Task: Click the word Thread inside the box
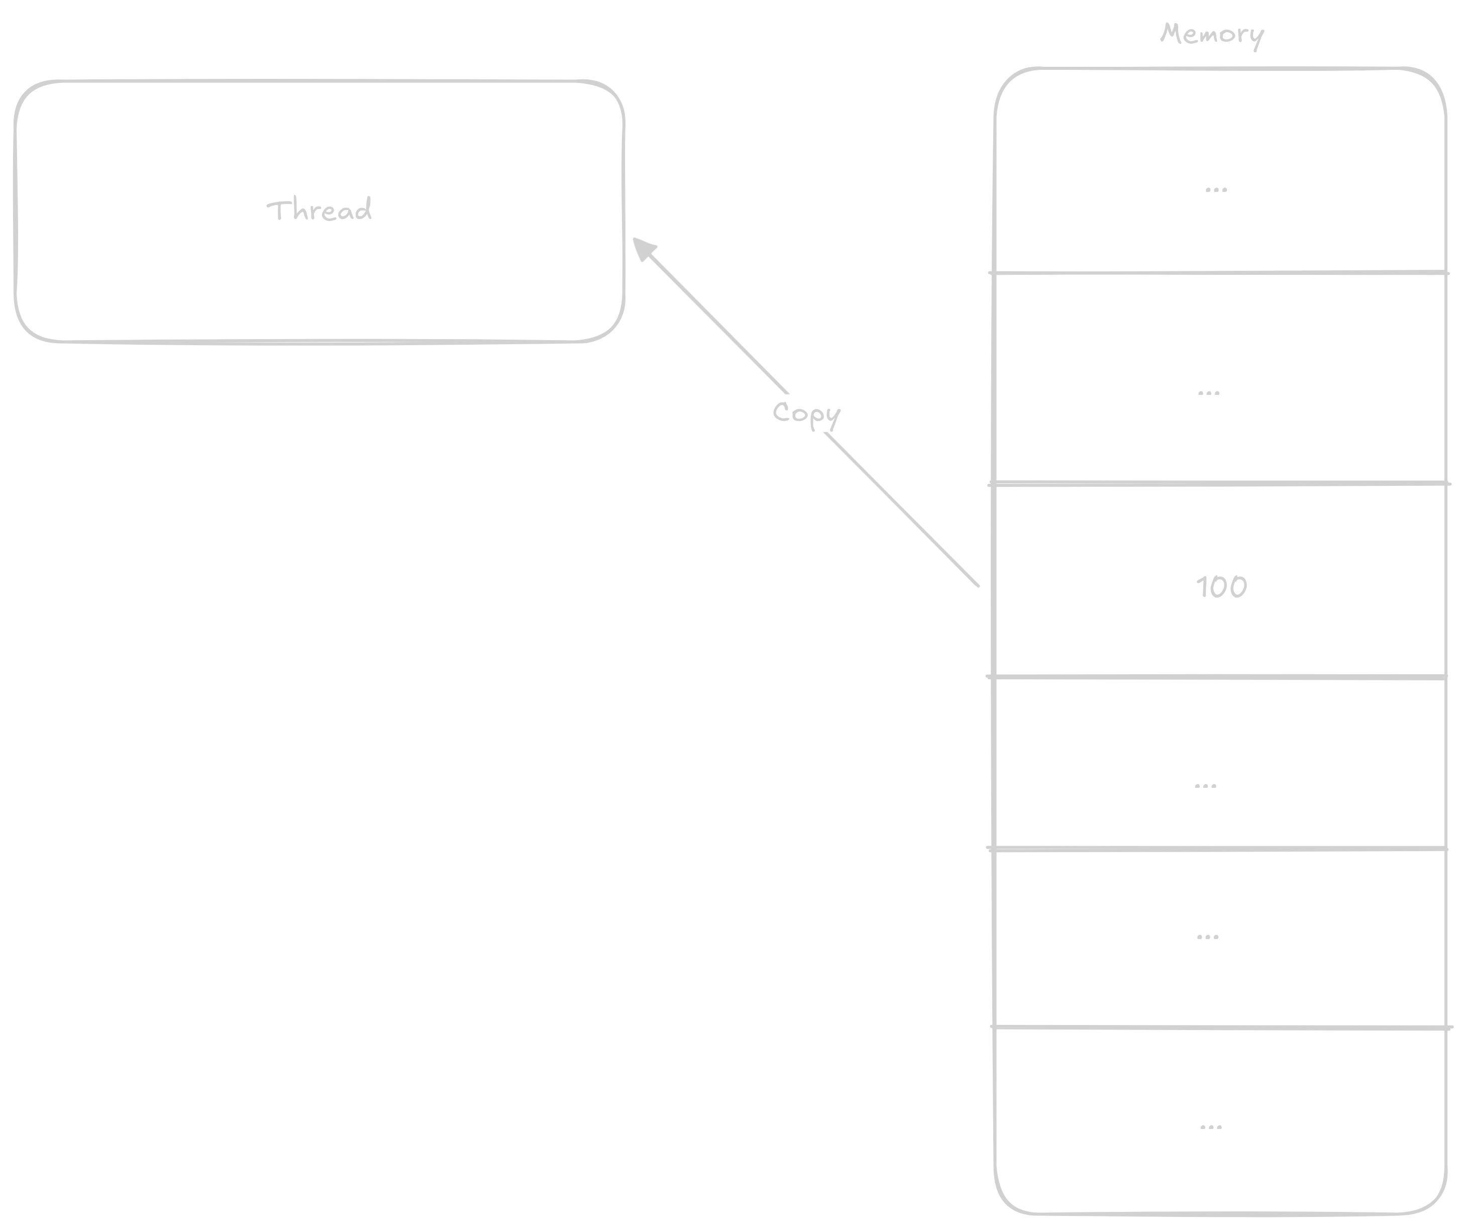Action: point(319,210)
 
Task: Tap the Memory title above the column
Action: point(1211,34)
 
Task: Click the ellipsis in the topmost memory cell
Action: point(1216,189)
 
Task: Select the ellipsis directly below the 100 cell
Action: point(1205,786)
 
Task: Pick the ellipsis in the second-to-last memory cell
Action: point(1207,936)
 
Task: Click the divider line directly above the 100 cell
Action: point(1219,483)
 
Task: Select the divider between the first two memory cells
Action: point(1219,272)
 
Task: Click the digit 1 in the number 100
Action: point(1202,587)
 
